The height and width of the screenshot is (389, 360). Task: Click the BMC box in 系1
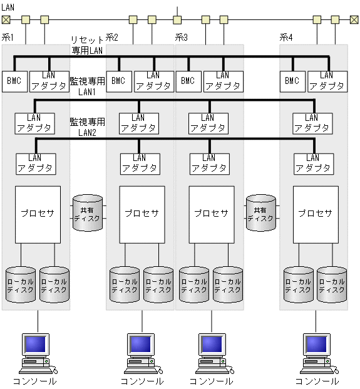click(14, 81)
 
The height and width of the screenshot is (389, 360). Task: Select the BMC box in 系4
click(292, 81)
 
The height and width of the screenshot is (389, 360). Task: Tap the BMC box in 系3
click(188, 81)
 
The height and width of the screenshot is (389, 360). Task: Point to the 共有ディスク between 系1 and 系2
click(88, 213)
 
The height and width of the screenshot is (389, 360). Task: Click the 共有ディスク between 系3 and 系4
click(260, 213)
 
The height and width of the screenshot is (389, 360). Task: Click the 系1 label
click(8, 38)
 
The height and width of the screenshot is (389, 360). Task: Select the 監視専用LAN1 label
click(87, 86)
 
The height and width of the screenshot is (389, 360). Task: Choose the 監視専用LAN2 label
click(87, 127)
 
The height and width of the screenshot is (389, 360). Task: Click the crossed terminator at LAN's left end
click(5, 19)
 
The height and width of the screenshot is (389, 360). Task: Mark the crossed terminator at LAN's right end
click(354, 19)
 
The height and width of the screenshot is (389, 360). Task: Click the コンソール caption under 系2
click(142, 381)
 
